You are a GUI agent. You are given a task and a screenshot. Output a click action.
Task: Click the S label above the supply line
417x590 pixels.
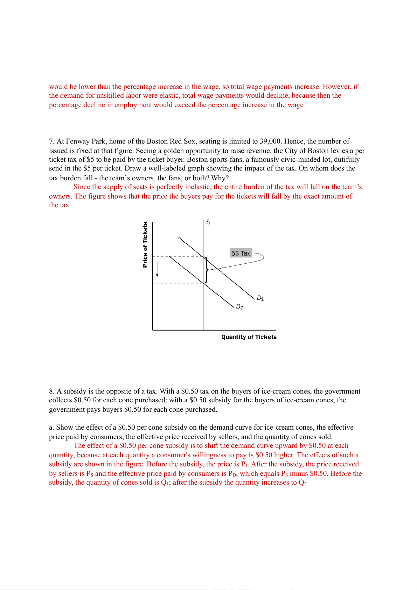(x=208, y=222)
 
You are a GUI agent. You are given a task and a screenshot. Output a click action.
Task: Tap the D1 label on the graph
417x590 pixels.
(x=260, y=298)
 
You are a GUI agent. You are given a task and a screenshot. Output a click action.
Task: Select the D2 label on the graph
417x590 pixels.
(x=239, y=307)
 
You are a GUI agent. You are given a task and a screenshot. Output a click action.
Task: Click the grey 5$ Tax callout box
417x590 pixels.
(x=241, y=253)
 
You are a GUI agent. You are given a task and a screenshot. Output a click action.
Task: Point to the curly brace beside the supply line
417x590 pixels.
(x=207, y=270)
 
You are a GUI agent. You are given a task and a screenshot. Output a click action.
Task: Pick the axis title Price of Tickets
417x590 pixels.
(x=145, y=245)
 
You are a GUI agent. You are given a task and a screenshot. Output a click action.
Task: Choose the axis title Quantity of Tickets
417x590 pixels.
(x=249, y=337)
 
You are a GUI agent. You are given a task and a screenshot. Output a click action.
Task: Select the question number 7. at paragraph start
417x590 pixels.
(x=52, y=141)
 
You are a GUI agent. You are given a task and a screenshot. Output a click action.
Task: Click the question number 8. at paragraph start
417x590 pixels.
(x=52, y=391)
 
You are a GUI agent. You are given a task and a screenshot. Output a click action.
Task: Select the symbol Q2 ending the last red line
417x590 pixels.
(x=303, y=483)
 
